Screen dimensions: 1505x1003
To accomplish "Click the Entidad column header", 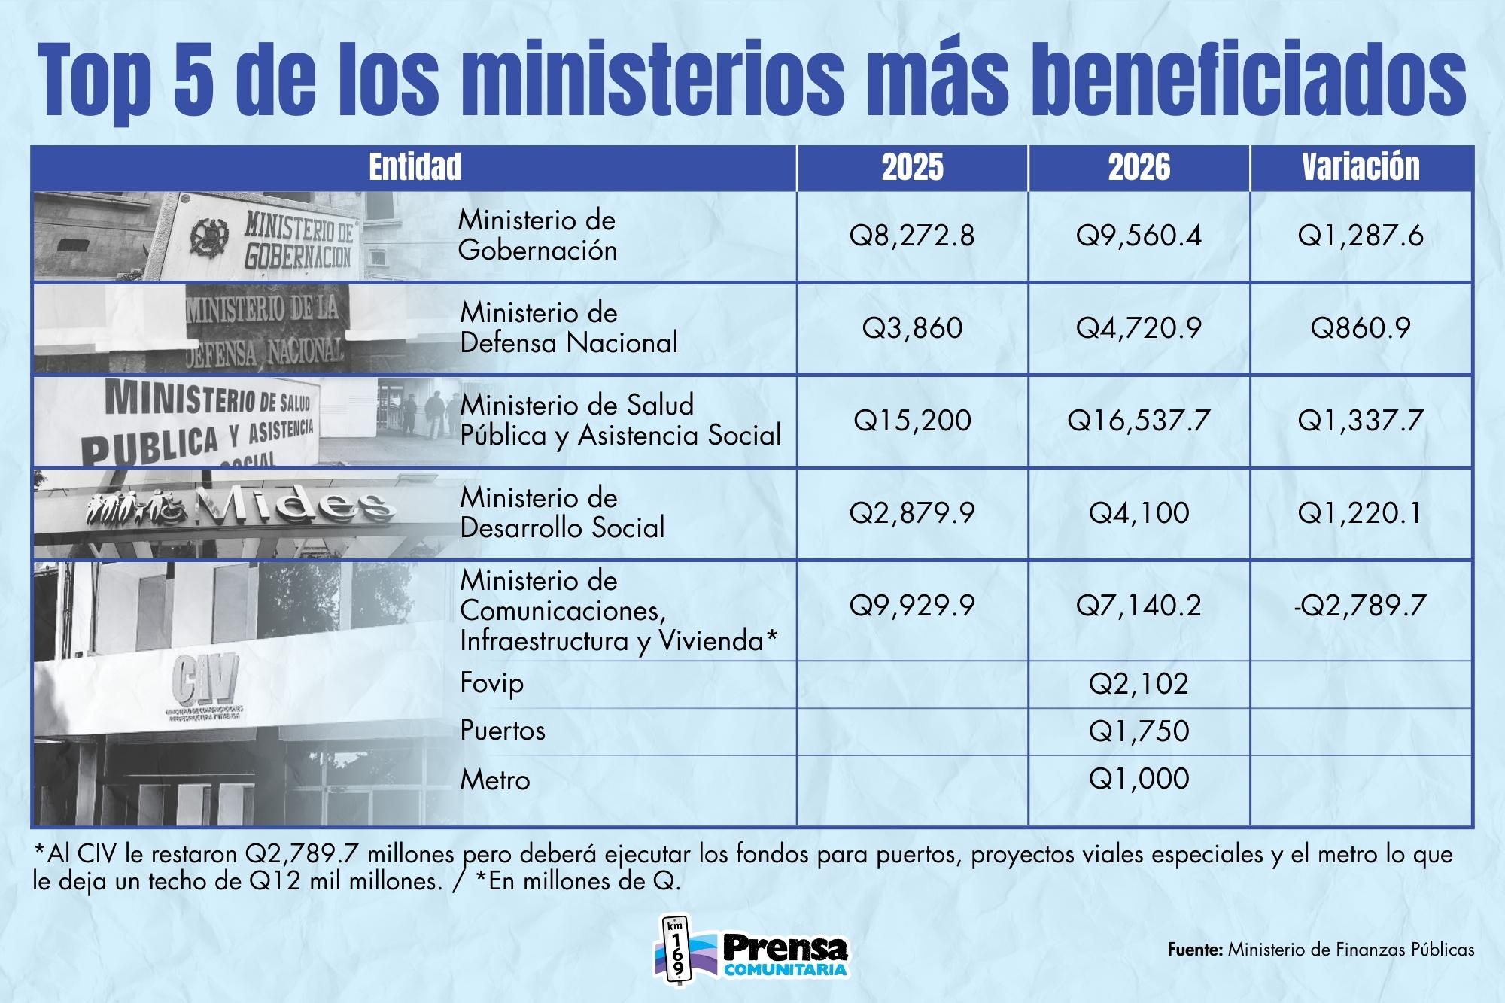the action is pos(415,167).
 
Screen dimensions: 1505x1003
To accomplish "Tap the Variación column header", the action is pos(1361,167).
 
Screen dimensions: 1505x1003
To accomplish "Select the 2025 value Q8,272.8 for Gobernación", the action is pos(912,236).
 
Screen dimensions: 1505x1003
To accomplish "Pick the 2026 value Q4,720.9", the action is pos(1139,329).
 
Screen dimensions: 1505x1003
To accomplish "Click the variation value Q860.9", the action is pos(1361,329).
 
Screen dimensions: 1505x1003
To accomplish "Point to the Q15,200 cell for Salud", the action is pos(912,421).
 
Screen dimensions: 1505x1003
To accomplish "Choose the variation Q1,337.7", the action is pos(1361,421).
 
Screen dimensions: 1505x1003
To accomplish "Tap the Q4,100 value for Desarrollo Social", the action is pos(1139,513).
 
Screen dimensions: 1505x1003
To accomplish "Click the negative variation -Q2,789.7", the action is pos(1361,606).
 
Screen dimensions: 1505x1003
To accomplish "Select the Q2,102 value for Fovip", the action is pos(1139,684).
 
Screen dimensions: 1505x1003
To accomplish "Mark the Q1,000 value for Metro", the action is pos(1139,779).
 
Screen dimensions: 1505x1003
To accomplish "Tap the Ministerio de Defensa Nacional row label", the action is pos(569,328).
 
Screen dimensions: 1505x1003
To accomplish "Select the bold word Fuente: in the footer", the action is pos(1195,950).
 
